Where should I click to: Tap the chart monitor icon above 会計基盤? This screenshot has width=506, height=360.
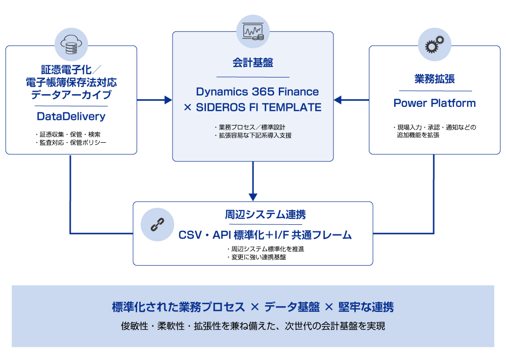[253, 31]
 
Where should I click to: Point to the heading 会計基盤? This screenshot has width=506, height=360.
[253, 63]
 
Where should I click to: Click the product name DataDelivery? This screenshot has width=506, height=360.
[71, 116]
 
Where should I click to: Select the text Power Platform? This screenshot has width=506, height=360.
[435, 103]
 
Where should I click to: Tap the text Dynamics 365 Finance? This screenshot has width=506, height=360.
[258, 92]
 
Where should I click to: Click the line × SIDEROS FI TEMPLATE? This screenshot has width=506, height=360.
[252, 107]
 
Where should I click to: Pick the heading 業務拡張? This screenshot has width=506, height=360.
[435, 79]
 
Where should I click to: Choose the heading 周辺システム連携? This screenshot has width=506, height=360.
[265, 214]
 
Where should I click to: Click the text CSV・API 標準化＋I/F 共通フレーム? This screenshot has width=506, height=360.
[265, 235]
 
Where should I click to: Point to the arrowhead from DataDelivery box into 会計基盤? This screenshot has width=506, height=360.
[168, 100]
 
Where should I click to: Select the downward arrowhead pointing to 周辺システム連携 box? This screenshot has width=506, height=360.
[253, 196]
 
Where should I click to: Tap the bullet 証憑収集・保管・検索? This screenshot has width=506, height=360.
[68, 135]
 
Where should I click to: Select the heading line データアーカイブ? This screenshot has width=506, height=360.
[71, 95]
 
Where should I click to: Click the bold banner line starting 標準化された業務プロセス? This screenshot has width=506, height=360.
[252, 307]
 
